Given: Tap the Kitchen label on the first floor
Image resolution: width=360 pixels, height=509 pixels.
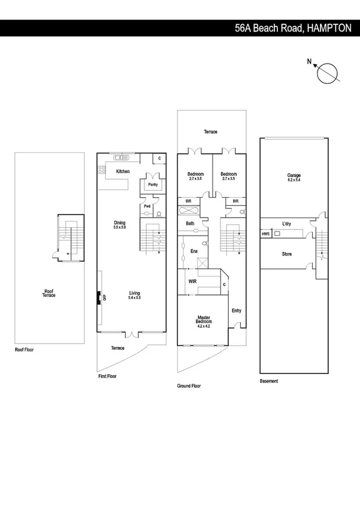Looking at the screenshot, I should point(123,172).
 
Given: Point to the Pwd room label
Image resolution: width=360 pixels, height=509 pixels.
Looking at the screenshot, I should point(146,206).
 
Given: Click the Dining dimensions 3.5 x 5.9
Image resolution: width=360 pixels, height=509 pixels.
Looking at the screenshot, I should point(120,228).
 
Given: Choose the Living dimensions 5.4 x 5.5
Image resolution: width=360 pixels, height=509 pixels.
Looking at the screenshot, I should point(134,298).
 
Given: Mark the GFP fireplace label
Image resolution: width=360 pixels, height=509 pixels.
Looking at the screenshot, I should point(104,297).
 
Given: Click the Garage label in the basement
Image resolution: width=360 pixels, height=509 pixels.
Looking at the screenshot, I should point(294,176).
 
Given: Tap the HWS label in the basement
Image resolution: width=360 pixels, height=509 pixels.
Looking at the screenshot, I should point(265,234).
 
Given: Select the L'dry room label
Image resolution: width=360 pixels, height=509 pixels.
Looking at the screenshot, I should point(286,225).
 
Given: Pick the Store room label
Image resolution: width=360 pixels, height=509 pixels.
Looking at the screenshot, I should point(287,254).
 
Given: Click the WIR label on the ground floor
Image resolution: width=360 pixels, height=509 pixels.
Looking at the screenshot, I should point(193,280).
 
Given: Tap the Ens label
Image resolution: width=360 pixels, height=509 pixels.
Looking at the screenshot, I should point(193,251).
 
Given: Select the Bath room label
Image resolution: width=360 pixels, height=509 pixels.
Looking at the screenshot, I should point(190,224).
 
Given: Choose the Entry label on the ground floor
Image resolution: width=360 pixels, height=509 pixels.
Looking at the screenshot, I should point(236,310).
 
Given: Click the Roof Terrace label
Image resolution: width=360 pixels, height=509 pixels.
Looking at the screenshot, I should point(49,294).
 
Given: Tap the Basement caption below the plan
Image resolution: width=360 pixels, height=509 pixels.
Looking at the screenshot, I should point(269,381).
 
